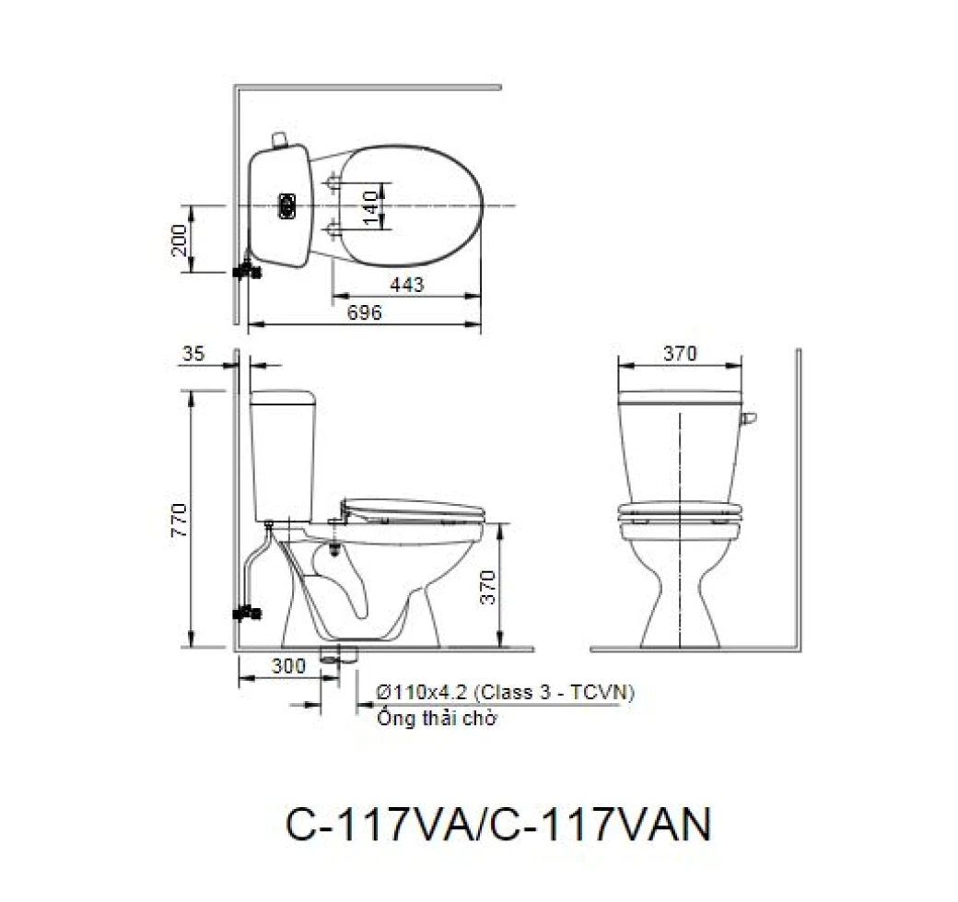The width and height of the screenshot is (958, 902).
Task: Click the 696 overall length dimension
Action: [365, 313]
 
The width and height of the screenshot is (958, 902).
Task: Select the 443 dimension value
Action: [407, 286]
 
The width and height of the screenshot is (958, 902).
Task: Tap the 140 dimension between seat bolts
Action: [370, 207]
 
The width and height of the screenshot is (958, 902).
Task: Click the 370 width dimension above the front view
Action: [680, 353]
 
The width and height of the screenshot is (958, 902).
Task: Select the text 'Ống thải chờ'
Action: [437, 719]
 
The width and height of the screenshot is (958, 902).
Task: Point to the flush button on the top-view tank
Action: [288, 205]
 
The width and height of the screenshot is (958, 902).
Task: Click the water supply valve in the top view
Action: [246, 270]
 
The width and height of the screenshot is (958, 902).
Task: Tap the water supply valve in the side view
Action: [246, 610]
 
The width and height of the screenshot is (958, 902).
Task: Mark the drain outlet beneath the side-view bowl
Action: [338, 656]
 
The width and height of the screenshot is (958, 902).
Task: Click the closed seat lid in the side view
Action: [412, 508]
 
